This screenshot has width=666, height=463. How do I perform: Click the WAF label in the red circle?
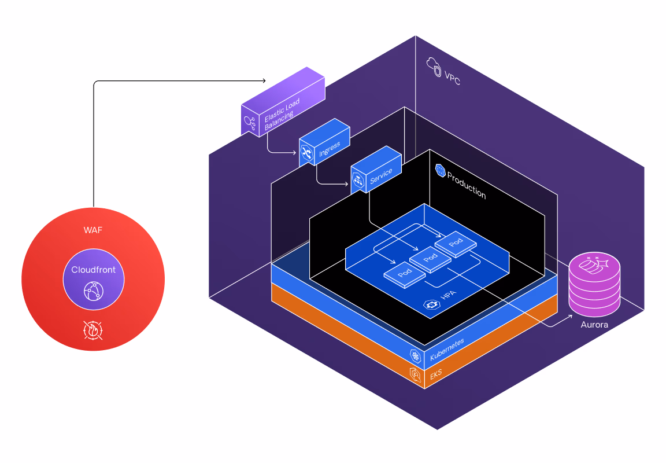pyautogui.click(x=93, y=231)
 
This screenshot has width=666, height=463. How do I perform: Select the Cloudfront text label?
pyautogui.click(x=93, y=270)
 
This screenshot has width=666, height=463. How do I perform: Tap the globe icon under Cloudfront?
pyautogui.click(x=93, y=290)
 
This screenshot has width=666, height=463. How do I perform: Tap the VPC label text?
pyautogui.click(x=453, y=76)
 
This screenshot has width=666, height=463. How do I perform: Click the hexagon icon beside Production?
pyautogui.click(x=441, y=170)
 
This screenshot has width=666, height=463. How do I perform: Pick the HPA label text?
pyautogui.click(x=448, y=296)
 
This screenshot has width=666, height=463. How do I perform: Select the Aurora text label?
pyautogui.click(x=594, y=325)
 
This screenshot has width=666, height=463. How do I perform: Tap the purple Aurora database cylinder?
pyautogui.click(x=594, y=284)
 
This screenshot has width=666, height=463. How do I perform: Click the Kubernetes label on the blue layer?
pyautogui.click(x=447, y=351)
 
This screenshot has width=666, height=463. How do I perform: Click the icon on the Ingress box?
pyautogui.click(x=306, y=153)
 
